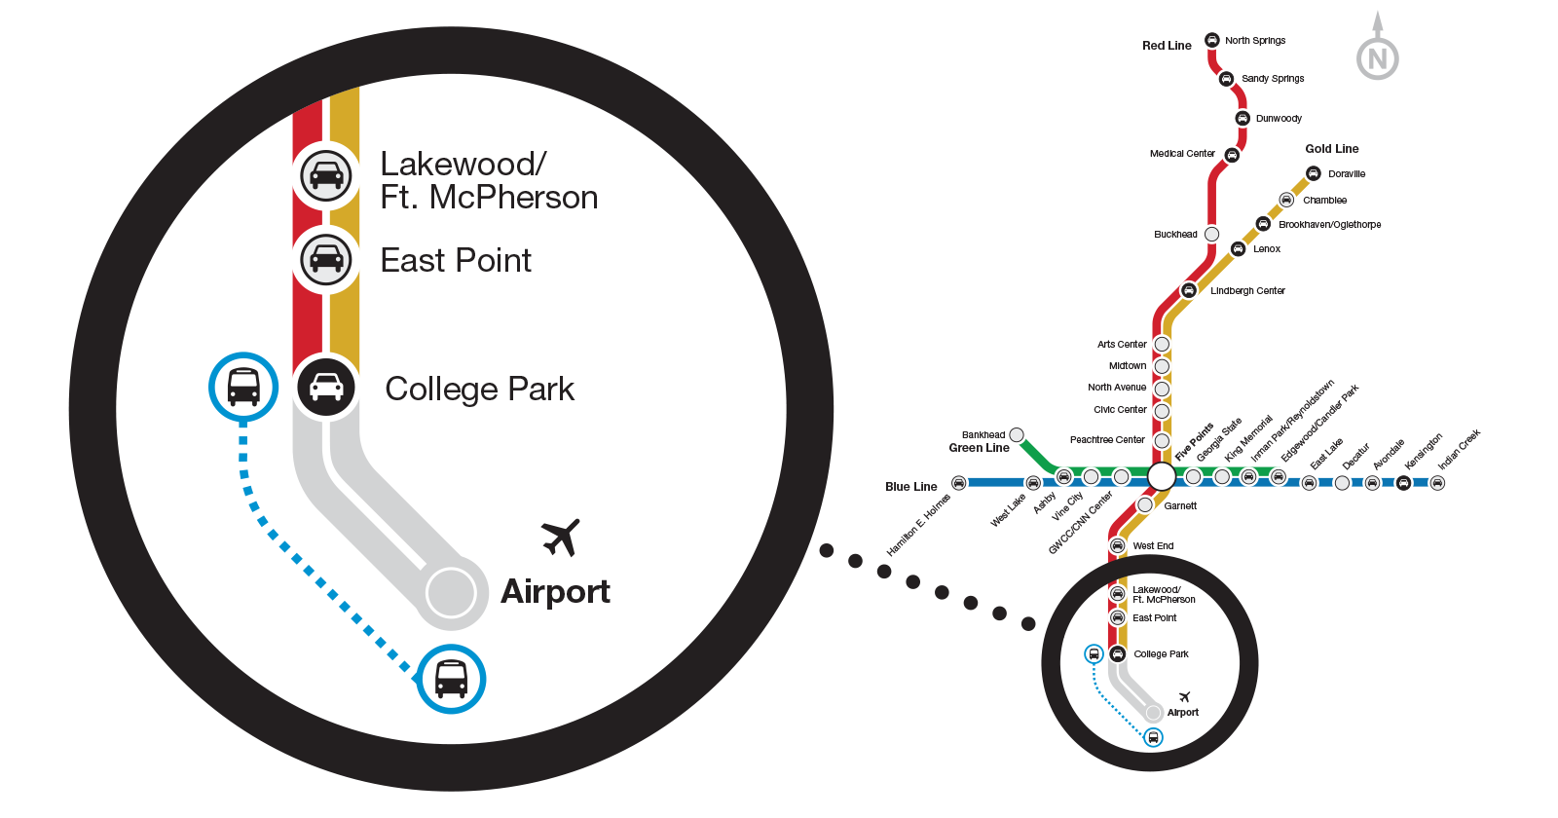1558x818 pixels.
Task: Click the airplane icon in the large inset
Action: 561,537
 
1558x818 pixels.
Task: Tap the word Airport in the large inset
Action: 555,592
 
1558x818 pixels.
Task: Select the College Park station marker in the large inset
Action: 326,388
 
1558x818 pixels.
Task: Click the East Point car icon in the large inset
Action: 326,259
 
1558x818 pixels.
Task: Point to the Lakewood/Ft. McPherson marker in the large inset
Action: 326,175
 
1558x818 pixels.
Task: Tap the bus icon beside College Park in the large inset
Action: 243,387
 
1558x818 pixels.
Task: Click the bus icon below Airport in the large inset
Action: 451,679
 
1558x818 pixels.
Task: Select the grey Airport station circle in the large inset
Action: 451,591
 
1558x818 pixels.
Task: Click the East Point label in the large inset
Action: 456,261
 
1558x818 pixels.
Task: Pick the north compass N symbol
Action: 1377,58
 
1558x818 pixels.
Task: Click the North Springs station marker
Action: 1211,40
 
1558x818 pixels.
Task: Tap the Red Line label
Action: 1167,46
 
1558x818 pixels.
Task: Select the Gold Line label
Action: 1331,149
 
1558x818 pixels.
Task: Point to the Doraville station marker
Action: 1314,173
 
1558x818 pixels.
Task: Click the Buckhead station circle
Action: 1211,234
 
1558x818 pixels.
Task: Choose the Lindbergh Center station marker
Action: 1188,290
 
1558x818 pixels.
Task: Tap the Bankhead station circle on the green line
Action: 1017,434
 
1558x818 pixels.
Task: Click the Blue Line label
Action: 911,486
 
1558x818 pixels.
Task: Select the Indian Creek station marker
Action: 1437,482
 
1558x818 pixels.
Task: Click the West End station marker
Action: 1118,545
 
